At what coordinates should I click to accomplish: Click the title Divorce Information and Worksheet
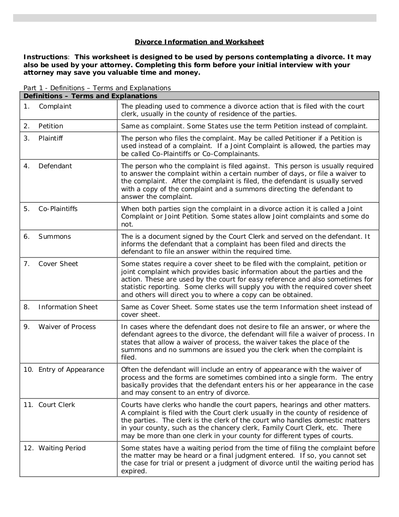click(x=199, y=42)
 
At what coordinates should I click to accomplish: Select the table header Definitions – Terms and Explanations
click(x=90, y=96)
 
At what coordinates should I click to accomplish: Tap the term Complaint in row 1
click(x=55, y=106)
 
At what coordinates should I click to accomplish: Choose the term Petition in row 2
click(x=51, y=126)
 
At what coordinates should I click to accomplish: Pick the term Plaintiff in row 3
click(x=51, y=138)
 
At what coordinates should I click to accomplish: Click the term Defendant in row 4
click(x=55, y=166)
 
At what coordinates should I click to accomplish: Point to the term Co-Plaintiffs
click(x=58, y=209)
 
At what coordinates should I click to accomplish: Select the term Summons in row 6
click(x=54, y=236)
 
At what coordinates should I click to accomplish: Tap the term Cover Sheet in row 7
click(x=58, y=264)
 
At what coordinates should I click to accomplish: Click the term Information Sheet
click(x=68, y=307)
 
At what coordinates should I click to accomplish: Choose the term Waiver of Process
click(x=67, y=327)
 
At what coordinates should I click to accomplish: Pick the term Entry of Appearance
click(x=71, y=369)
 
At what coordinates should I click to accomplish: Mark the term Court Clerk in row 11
click(x=56, y=405)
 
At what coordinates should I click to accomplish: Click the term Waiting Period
click(x=62, y=448)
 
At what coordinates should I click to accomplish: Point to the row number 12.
click(x=28, y=448)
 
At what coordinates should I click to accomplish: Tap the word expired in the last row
click(x=134, y=471)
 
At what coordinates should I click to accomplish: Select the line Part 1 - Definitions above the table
click(x=97, y=88)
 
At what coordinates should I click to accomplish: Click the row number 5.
click(x=26, y=209)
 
